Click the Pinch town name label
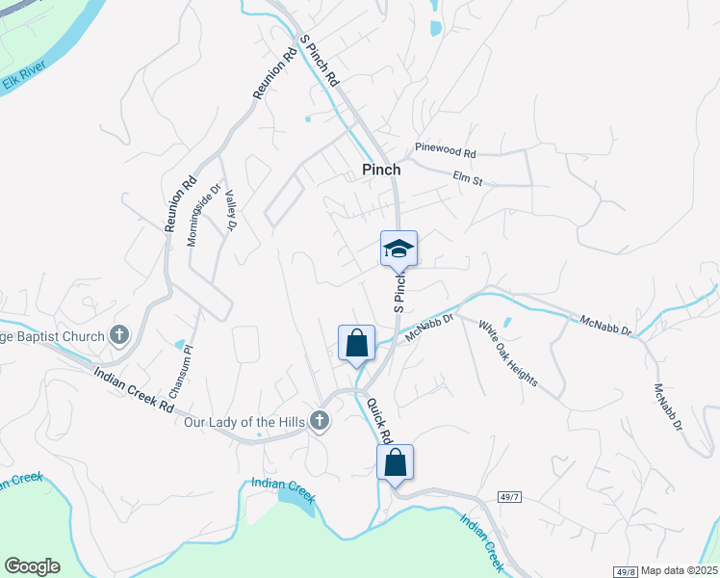(381, 170)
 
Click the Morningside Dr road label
(203, 215)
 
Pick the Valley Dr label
(230, 210)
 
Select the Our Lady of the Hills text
(244, 422)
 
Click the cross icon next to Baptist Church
(119, 336)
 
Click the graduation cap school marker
(399, 250)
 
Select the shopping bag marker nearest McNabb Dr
(356, 343)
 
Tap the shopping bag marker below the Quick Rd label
(395, 462)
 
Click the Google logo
(32, 566)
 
